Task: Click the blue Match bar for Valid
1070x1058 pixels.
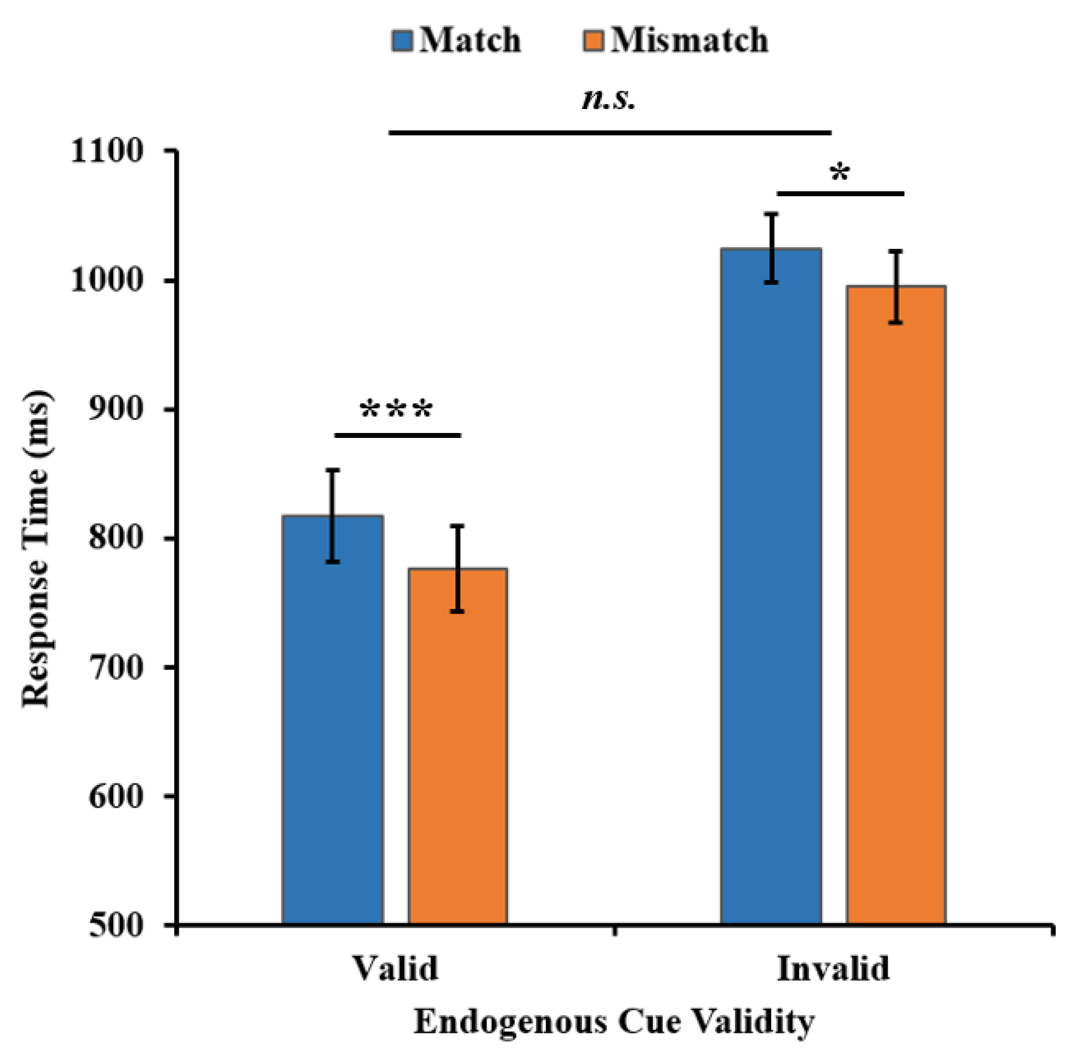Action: (332, 720)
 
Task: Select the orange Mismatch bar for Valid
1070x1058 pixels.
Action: (457, 747)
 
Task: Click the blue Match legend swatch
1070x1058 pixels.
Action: (402, 41)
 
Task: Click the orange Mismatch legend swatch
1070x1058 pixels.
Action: (594, 41)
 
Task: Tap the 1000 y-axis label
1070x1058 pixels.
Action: (107, 280)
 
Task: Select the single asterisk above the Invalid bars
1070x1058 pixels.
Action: (839, 173)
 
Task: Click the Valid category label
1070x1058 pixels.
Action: (396, 968)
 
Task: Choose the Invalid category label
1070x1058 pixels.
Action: (833, 968)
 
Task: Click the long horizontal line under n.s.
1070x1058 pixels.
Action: (609, 133)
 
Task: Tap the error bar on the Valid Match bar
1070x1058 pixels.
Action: (332, 515)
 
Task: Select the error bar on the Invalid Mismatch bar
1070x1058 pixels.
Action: (896, 286)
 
